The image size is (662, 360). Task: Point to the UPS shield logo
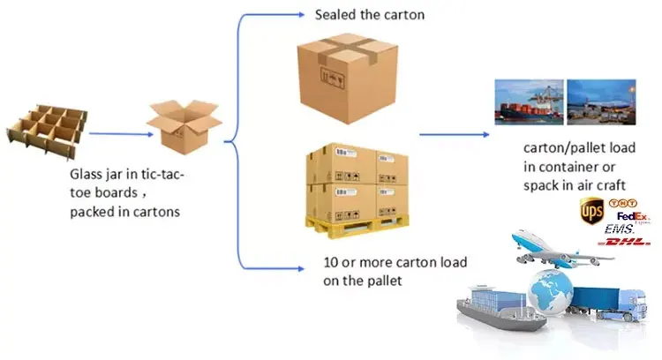coord(590,212)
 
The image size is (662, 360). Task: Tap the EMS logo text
coord(621,229)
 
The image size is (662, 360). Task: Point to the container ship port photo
coord(529,101)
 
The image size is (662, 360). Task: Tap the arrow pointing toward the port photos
coord(455,134)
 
